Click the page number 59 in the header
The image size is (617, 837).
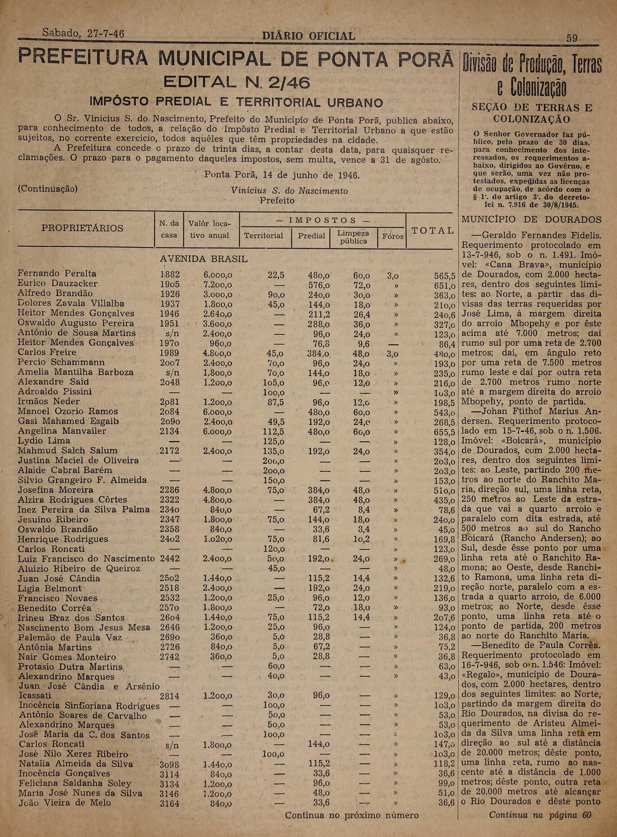tap(571, 38)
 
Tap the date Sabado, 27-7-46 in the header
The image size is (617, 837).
tap(83, 33)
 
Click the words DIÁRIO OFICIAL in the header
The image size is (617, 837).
tap(308, 36)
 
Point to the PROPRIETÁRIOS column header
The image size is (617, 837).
tap(82, 228)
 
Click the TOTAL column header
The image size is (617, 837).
tap(432, 231)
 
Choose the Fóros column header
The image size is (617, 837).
tap(393, 236)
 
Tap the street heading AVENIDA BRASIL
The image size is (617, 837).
tap(204, 259)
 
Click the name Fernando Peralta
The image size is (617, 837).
tap(57, 273)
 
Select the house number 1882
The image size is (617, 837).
tap(170, 274)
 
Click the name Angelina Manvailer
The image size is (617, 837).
tap(62, 431)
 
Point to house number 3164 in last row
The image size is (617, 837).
tap(170, 803)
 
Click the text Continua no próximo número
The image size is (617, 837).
tap(351, 815)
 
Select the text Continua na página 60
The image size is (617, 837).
tap(540, 815)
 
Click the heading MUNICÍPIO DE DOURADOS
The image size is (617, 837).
tap(531, 220)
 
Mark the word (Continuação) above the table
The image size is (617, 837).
tap(47, 189)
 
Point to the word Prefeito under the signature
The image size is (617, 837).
tap(277, 200)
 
